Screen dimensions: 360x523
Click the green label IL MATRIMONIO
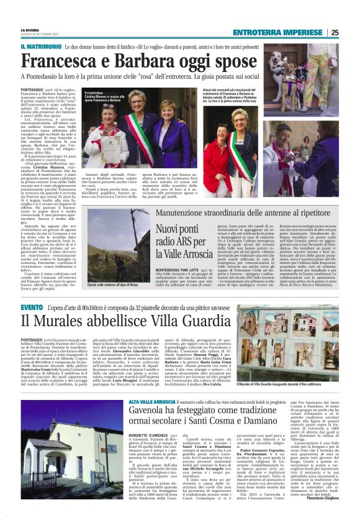point(41,47)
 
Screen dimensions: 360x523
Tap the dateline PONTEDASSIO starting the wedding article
point(32,90)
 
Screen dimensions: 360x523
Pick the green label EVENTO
point(32,307)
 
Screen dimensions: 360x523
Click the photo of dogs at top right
point(312,61)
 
